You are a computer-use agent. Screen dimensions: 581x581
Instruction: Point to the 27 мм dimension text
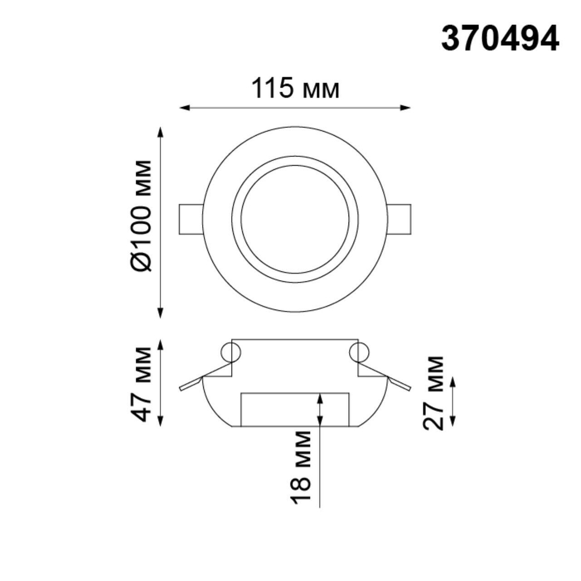[x=434, y=393]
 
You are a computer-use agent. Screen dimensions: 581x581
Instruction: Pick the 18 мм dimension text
[x=303, y=468]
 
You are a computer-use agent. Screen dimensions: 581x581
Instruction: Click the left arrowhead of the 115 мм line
[x=184, y=107]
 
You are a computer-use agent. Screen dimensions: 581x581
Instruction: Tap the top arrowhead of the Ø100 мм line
[x=161, y=130]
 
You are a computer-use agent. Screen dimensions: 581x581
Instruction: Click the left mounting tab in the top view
[x=191, y=219]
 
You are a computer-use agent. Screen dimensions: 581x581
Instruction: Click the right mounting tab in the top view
[x=400, y=219]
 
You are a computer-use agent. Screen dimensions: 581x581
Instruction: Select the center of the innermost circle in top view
[x=295, y=219]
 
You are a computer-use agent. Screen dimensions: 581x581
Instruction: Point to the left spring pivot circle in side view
[x=231, y=352]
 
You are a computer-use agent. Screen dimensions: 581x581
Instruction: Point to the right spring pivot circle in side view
[x=359, y=352]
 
